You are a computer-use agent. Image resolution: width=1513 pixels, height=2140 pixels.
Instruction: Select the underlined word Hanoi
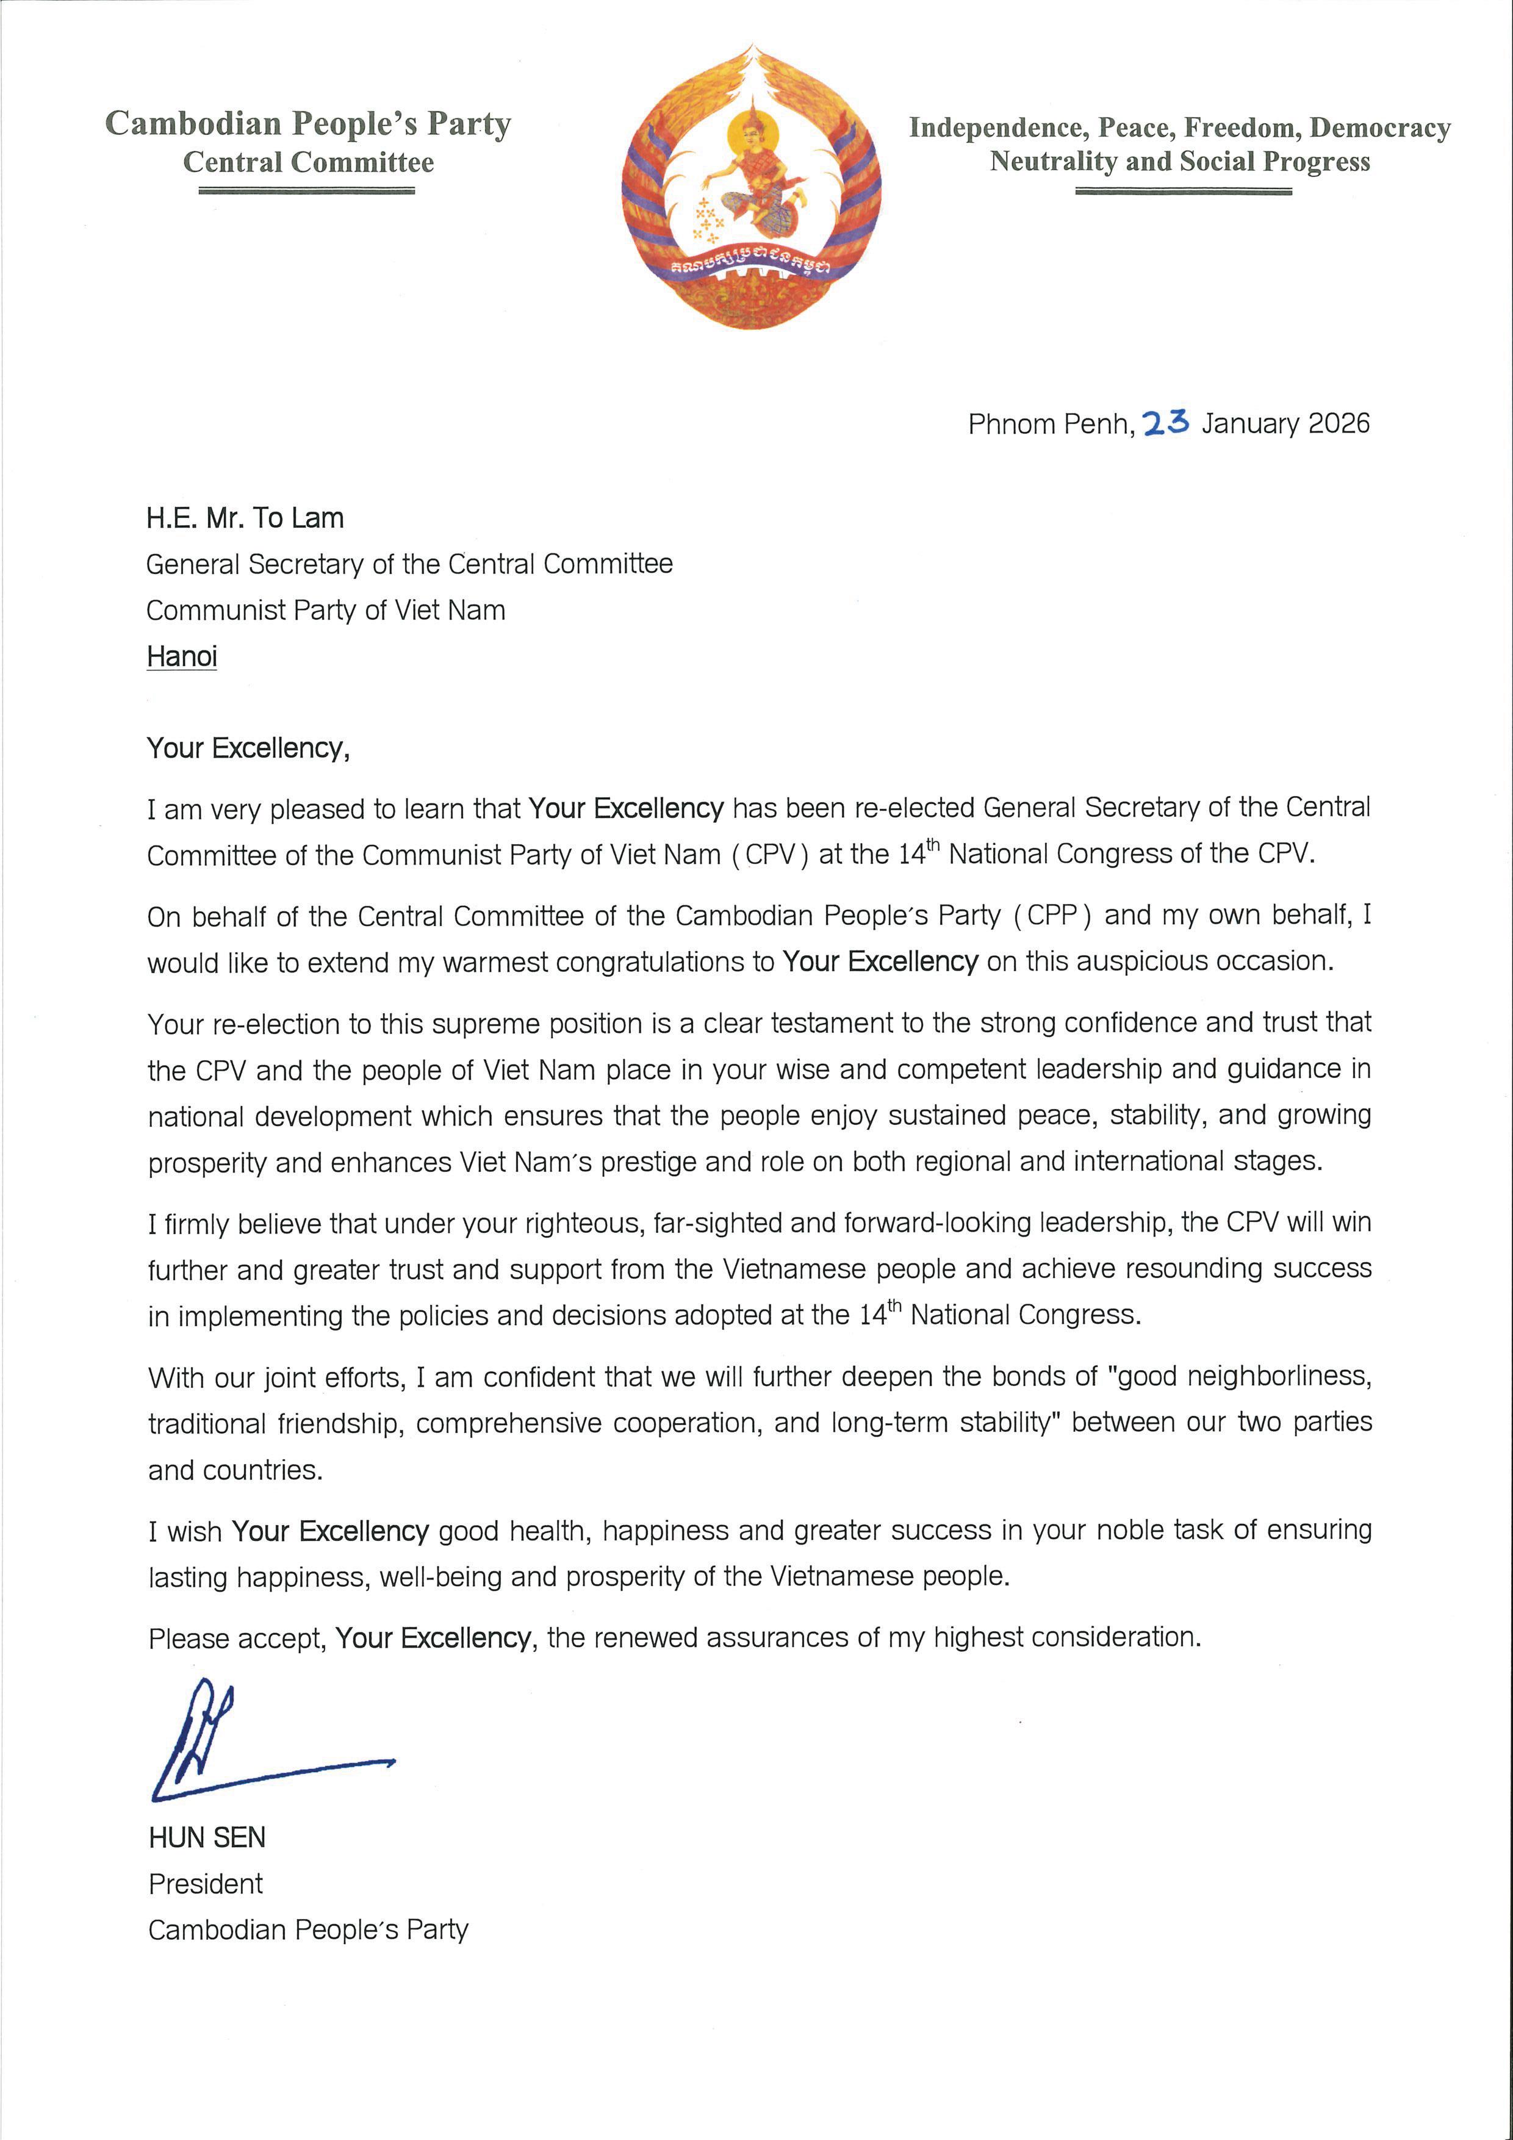coord(182,656)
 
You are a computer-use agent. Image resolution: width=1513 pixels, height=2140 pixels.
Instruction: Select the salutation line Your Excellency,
coord(248,749)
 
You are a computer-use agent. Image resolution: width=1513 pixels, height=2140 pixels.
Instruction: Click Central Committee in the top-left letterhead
coord(309,162)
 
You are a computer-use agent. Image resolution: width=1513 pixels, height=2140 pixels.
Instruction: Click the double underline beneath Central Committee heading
coord(307,190)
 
